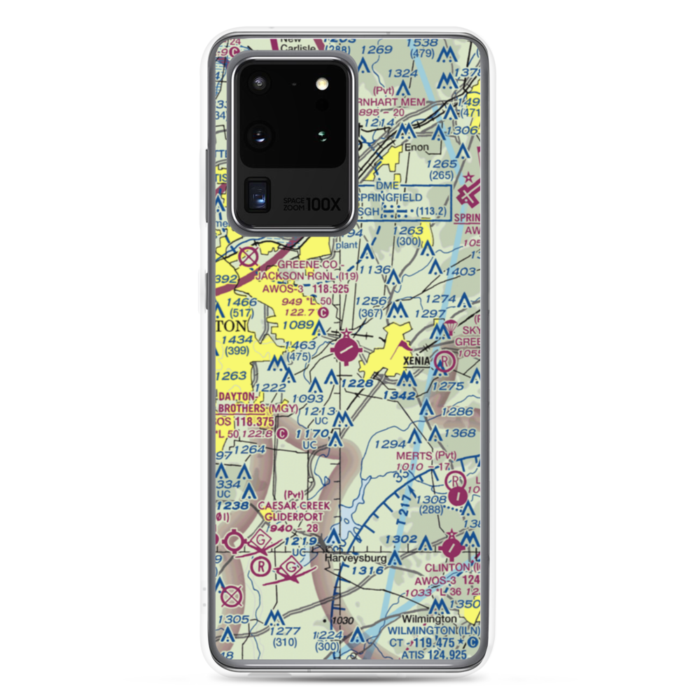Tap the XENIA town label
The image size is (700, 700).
click(x=419, y=360)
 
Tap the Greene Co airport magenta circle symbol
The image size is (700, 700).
click(x=348, y=349)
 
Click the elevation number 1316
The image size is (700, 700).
click(x=367, y=571)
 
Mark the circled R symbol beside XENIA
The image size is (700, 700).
click(x=443, y=361)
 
